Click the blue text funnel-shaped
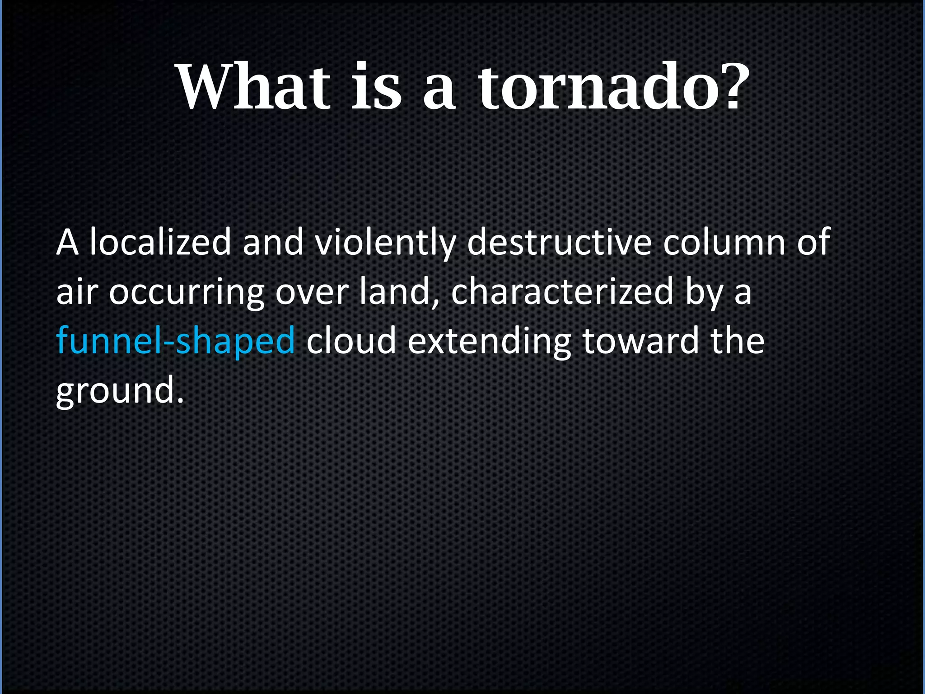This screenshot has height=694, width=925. click(x=176, y=341)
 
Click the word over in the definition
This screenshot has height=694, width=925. click(x=312, y=293)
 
